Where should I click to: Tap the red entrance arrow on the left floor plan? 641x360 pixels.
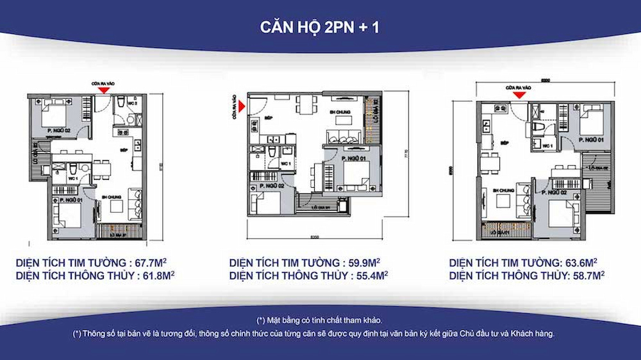pos(103,90)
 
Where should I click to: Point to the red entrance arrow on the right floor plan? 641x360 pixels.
pos(520,95)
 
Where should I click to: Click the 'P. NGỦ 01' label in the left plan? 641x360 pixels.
pos(71,200)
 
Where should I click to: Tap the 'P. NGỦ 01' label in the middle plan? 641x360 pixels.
pos(354,158)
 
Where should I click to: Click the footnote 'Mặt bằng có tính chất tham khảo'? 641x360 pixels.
pos(320,320)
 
